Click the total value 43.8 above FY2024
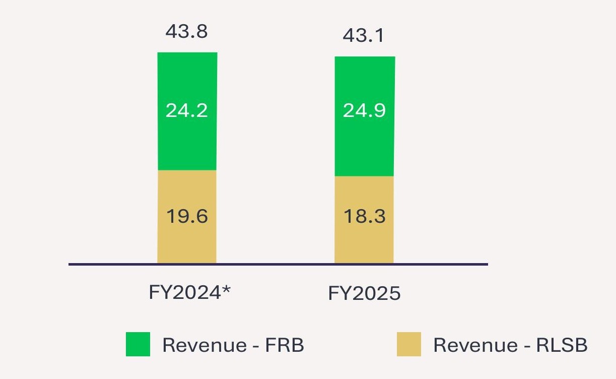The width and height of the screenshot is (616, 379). (x=187, y=32)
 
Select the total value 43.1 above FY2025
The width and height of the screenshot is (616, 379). (x=364, y=36)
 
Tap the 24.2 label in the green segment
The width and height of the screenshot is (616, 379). (x=187, y=110)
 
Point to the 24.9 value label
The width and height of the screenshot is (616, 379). (x=364, y=110)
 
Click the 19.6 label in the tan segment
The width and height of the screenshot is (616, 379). (x=187, y=216)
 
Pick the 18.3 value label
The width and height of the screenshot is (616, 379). (x=364, y=216)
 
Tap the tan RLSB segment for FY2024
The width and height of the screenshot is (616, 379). (x=187, y=242)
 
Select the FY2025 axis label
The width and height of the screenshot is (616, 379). (x=364, y=293)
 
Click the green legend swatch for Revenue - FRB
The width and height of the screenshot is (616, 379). (x=138, y=344)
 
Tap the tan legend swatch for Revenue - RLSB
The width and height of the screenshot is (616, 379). (x=408, y=344)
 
